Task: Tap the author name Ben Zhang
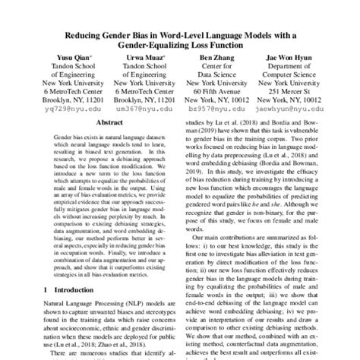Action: point(215,56)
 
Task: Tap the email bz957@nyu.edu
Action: point(215,109)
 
